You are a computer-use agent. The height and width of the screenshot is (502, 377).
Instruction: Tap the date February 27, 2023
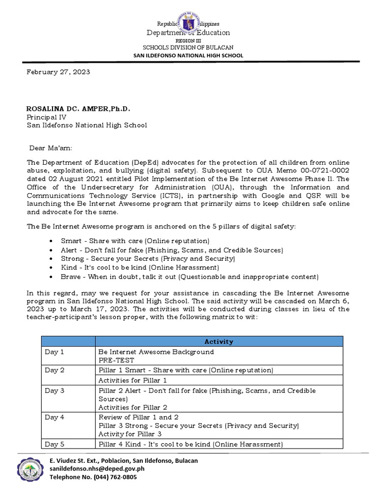click(x=58, y=72)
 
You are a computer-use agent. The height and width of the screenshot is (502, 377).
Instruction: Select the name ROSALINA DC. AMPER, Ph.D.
click(x=78, y=108)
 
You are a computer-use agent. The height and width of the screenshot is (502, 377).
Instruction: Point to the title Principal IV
click(x=47, y=117)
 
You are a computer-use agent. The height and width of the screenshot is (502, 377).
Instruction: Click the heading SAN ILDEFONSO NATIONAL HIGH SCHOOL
click(x=188, y=56)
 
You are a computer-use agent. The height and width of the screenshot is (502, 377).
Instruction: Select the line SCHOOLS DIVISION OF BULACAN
click(x=188, y=48)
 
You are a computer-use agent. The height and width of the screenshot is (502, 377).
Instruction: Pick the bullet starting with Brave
click(x=189, y=276)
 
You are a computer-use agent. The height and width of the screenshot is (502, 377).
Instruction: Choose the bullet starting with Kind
click(x=139, y=268)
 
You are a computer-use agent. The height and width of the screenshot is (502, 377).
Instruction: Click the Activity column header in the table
click(x=218, y=342)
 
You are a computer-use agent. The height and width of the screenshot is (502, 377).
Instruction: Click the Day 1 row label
click(x=54, y=352)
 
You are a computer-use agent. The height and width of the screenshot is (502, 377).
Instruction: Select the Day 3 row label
click(x=54, y=391)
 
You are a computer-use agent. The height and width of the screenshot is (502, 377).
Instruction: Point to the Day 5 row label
click(x=54, y=444)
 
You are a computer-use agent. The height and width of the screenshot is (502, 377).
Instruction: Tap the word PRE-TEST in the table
click(x=116, y=361)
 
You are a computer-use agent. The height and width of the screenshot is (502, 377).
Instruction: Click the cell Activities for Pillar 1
click(x=133, y=380)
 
